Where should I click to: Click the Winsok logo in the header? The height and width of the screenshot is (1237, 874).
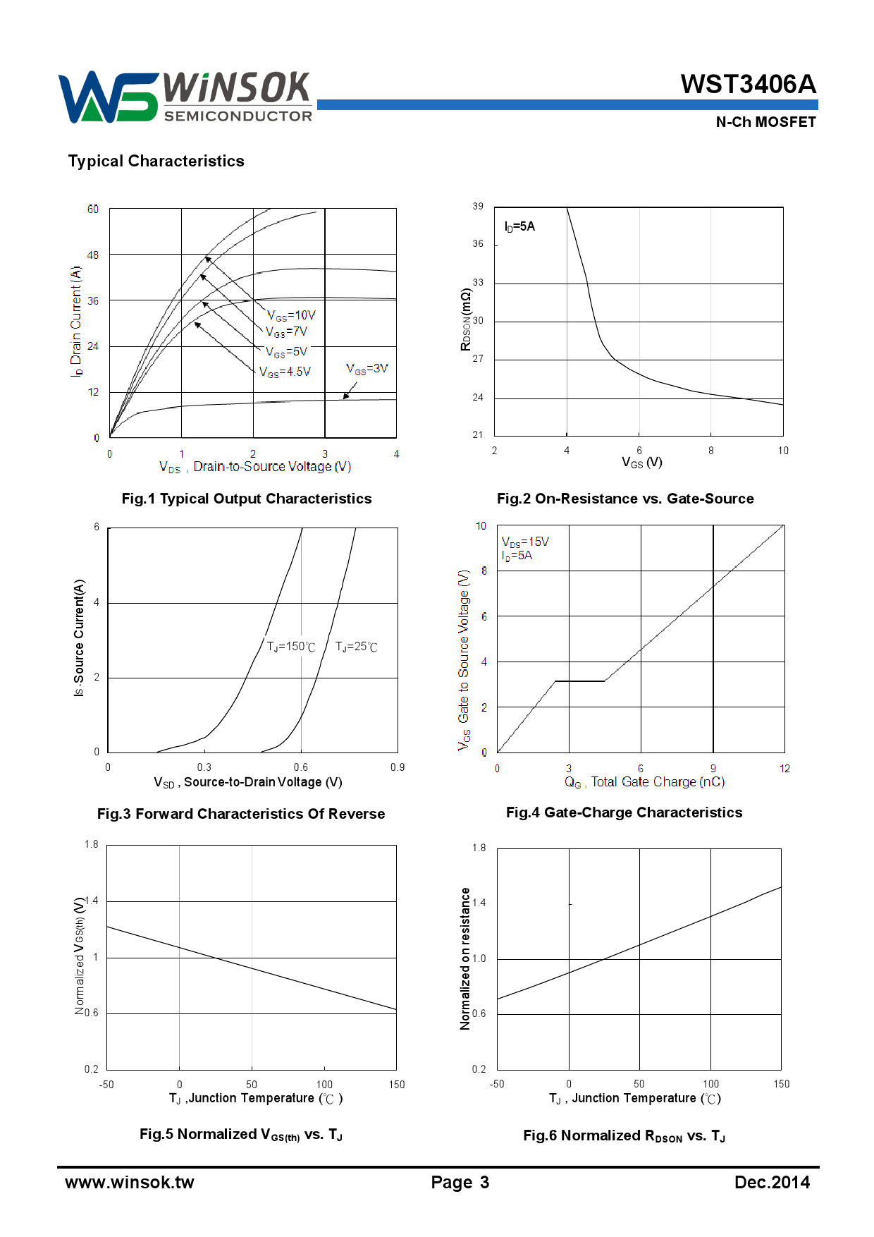pos(185,97)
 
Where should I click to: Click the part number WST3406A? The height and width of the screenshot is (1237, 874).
pos(748,85)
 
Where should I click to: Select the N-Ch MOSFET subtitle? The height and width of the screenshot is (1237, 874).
pos(765,122)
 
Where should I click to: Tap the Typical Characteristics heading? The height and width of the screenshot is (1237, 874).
pos(156,162)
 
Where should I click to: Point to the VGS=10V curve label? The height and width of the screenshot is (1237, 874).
pos(291,315)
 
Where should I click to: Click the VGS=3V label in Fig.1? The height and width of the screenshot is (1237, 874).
pos(367,369)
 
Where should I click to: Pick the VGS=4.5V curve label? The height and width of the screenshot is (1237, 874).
pos(285,372)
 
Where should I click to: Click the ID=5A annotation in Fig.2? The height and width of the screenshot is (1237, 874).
pos(519,226)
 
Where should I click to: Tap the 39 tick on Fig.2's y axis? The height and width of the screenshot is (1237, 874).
pos(478,207)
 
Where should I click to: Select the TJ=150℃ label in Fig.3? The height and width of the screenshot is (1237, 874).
pos(290,647)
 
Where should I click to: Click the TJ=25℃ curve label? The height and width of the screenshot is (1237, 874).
pos(356,647)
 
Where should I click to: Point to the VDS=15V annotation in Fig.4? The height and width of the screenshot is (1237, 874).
pos(525,542)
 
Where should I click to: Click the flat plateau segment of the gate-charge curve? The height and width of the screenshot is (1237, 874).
pos(579,681)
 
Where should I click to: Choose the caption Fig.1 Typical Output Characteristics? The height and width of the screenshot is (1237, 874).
pos(246,499)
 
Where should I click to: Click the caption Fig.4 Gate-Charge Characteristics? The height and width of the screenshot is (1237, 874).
pos(624,812)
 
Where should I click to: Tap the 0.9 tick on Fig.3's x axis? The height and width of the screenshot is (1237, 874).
pos(398,767)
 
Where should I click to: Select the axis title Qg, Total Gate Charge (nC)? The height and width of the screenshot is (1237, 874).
pos(644,782)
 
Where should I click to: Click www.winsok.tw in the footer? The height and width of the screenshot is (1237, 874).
pos(130,1183)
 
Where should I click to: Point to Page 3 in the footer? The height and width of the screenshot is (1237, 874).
pos(460,1183)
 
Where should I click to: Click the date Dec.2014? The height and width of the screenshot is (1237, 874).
pos(772,1183)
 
